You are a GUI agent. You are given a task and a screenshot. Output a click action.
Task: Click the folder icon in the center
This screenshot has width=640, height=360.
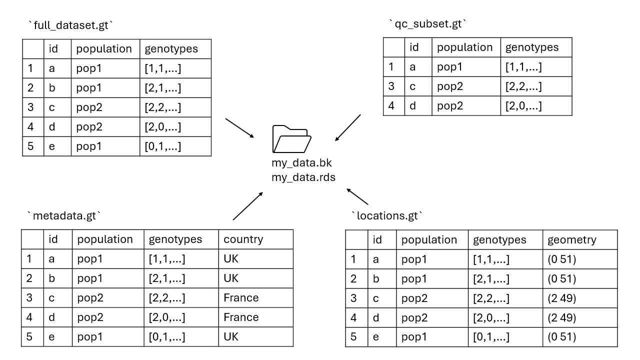292,138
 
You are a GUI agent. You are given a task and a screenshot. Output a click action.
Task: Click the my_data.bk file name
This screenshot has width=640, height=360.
301,163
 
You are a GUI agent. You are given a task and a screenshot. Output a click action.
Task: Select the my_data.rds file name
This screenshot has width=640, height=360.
303,177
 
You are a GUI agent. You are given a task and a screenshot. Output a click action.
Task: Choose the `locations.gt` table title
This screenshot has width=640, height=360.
387,216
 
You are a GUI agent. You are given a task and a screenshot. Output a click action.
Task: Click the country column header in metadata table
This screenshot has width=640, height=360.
243,239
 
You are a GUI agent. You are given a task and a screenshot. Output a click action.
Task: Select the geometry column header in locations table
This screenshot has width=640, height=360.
572,239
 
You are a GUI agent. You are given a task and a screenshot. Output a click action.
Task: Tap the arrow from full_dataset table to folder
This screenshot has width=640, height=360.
240,128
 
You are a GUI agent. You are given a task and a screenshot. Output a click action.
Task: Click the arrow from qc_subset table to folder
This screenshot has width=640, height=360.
348,128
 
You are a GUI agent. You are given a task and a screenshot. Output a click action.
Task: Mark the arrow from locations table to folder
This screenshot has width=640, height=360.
357,196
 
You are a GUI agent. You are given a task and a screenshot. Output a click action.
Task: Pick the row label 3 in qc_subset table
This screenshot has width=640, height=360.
391,86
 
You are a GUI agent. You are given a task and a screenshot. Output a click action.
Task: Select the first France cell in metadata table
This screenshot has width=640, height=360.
241,298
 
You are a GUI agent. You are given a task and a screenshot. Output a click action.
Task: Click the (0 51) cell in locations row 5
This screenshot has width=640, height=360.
561,336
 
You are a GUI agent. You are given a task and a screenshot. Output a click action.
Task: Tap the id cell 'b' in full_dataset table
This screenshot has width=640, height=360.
51,88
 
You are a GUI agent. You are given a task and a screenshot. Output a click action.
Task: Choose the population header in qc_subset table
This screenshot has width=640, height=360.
464,47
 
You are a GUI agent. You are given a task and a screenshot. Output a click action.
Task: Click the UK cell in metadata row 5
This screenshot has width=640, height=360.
231,336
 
